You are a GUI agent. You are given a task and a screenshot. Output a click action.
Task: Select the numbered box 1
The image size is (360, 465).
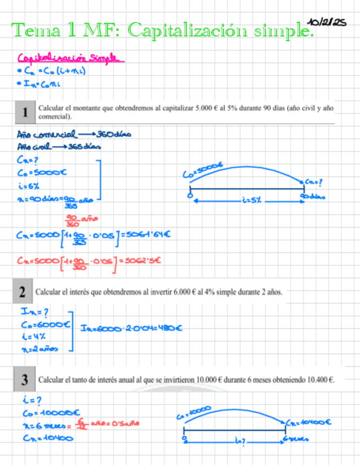coord(25,112)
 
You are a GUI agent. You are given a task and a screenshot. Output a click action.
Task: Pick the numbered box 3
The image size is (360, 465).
coord(25,379)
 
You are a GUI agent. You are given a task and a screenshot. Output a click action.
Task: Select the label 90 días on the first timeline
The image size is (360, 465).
coord(312,196)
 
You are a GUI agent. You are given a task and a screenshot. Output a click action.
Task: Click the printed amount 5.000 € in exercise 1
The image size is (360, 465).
coord(206,108)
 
